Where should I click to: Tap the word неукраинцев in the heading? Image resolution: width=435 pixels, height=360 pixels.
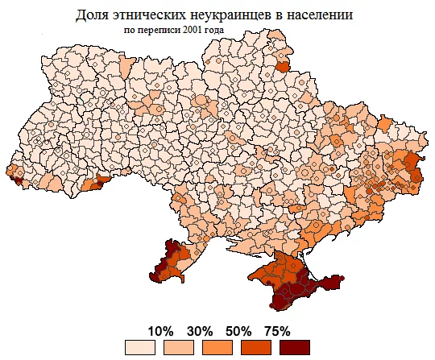point(237,15)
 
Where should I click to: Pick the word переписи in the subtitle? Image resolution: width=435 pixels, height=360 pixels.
point(159,31)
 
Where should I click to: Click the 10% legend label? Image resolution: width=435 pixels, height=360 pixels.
point(161,331)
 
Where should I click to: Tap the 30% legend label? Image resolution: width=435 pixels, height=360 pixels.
point(199,331)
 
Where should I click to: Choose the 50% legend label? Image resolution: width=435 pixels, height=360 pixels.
point(238,331)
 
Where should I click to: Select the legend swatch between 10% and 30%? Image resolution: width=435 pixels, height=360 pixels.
point(180,347)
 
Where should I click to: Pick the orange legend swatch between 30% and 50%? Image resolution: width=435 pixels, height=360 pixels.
point(218,347)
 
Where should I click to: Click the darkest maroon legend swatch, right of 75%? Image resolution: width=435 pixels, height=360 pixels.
point(295,347)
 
